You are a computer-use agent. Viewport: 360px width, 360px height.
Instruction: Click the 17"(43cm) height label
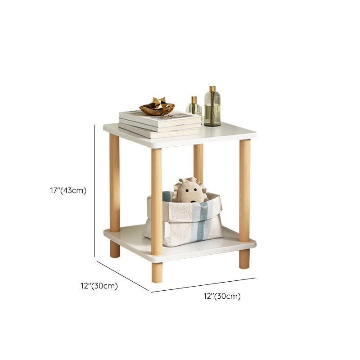(x=68, y=190)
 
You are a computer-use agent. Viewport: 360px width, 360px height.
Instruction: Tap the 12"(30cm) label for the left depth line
(x=99, y=286)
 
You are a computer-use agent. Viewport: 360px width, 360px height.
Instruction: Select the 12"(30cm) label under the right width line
(x=222, y=296)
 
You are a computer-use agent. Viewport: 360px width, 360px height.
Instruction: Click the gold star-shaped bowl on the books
(x=157, y=107)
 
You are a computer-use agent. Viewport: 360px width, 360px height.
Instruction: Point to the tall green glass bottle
(x=212, y=106)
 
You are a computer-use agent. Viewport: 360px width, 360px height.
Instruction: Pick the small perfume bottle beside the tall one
(x=194, y=107)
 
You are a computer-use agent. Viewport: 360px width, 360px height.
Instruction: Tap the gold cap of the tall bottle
(x=212, y=89)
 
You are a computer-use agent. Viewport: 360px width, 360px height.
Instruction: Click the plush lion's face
(x=189, y=193)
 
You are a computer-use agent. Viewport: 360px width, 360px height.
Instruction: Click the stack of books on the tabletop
(x=160, y=125)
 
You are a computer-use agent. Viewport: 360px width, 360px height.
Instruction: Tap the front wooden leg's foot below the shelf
(x=157, y=273)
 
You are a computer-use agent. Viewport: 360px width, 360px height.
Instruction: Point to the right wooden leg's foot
(x=244, y=259)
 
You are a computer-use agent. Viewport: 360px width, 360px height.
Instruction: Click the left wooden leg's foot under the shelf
(x=115, y=249)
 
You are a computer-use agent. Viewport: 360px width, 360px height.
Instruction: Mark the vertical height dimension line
(x=95, y=190)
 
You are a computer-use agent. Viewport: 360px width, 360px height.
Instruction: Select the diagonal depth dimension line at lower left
(x=122, y=276)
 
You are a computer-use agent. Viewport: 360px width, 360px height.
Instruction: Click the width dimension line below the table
(x=204, y=285)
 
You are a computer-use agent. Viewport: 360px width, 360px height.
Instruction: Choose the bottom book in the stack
(x=158, y=133)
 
